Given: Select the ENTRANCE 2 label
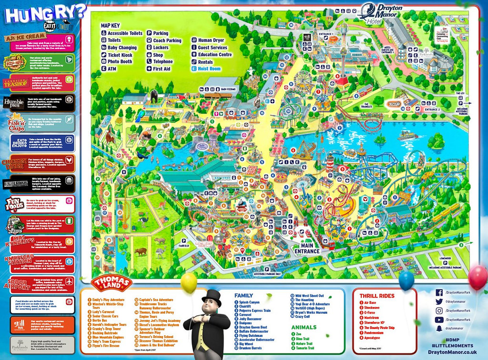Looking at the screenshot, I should [x=432, y=110].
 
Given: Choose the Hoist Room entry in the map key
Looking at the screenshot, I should [x=206, y=69].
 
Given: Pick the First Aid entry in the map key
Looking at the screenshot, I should [x=162, y=69].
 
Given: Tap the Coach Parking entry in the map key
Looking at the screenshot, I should [x=167, y=41].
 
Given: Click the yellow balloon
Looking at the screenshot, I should [x=189, y=282].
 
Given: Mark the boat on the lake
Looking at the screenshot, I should [x=407, y=135].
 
